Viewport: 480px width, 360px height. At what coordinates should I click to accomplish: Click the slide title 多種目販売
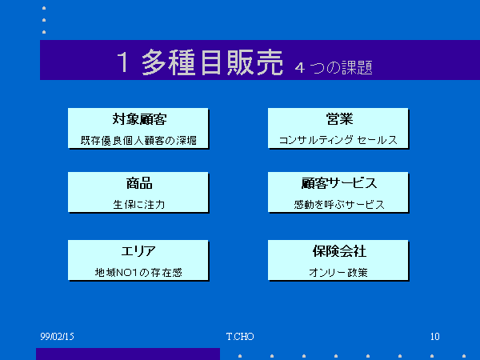[212, 62]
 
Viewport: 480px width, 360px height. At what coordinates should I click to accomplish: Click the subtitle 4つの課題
[334, 67]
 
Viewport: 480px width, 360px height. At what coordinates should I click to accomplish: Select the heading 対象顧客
[139, 119]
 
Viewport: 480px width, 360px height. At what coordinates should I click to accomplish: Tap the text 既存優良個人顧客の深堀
[138, 141]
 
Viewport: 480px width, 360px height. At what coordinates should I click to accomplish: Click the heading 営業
[339, 119]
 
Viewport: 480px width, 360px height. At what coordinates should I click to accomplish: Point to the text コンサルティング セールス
[338, 140]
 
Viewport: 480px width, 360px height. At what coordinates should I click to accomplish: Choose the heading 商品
[139, 183]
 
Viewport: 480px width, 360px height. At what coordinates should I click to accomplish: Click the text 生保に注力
[139, 205]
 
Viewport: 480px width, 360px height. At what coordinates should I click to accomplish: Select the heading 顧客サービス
[339, 183]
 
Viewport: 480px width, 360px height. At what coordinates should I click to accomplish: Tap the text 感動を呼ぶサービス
[339, 205]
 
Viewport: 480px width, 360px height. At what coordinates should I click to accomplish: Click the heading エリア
[138, 251]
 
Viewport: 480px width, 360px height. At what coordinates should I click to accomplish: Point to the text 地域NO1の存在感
[138, 273]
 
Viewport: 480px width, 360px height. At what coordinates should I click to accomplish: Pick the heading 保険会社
[339, 251]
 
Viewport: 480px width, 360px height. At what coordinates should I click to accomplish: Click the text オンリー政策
[338, 273]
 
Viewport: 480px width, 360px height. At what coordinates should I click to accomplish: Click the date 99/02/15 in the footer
[58, 337]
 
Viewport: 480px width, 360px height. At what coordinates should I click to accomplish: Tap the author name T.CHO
[240, 337]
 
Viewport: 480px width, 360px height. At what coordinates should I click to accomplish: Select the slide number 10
[435, 337]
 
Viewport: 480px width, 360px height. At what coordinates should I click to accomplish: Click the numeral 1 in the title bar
[123, 62]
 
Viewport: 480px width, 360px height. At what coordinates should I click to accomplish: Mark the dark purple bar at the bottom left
[128, 354]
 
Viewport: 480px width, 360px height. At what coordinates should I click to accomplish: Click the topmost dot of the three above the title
[44, 8]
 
